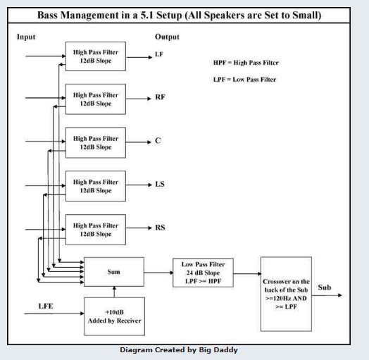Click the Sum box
tap(114, 272)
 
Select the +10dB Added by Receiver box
tap(114, 316)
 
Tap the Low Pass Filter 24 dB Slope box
tap(203, 273)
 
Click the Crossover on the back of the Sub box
tap(286, 294)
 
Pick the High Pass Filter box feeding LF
tap(96, 56)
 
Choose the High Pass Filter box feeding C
tap(96, 143)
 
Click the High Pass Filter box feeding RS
tap(96, 230)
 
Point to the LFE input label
tap(46, 306)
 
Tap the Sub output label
tap(325, 287)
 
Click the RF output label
tap(160, 97)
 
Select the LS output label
tap(160, 184)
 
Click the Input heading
tap(26, 37)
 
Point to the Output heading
tap(167, 37)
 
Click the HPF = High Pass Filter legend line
tap(246, 63)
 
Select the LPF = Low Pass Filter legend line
tap(245, 80)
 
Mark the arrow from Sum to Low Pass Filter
tap(158, 273)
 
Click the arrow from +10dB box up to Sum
tap(114, 292)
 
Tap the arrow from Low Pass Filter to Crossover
tap(247, 273)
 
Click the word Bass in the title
tap(48, 15)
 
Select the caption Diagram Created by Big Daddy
tap(179, 350)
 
